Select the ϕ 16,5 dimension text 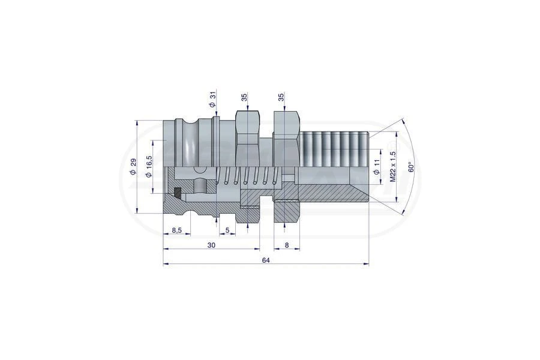pyautogui.click(x=149, y=166)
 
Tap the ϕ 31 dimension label pyautogui.click(x=213, y=100)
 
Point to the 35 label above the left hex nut pyautogui.click(x=245, y=97)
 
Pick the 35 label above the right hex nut pyautogui.click(x=281, y=97)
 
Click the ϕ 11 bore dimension pyautogui.click(x=377, y=166)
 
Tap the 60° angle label pyautogui.click(x=410, y=167)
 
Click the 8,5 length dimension pyautogui.click(x=176, y=230)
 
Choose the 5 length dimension pyautogui.click(x=227, y=230)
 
